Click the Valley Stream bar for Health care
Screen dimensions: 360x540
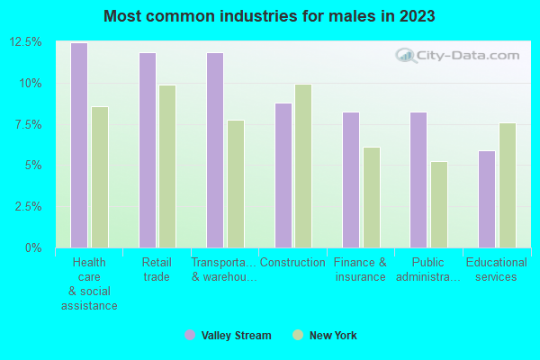point(79,145)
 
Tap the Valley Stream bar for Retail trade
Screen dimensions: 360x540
point(147,149)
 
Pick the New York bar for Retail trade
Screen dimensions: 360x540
point(167,166)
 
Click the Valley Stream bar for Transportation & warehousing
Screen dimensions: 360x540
point(215,149)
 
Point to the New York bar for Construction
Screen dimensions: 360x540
point(303,166)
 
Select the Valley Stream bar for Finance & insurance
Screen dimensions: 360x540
point(351,179)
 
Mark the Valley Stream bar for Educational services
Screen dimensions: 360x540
point(487,199)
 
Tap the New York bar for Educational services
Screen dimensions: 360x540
point(508,184)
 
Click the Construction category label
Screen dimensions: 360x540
point(292,263)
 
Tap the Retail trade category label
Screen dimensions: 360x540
point(157,269)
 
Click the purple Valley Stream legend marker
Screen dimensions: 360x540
point(190,336)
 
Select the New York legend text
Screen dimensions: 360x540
point(333,336)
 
